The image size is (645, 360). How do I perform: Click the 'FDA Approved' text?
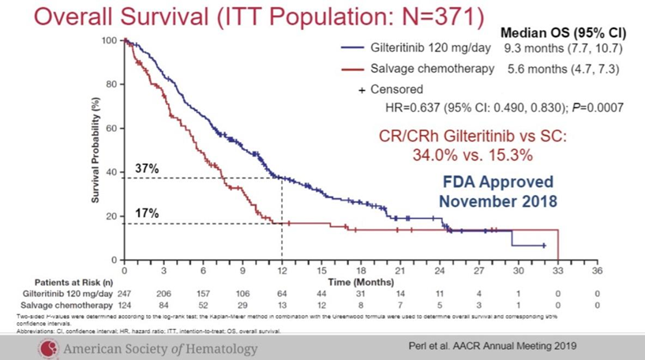click(x=497, y=181)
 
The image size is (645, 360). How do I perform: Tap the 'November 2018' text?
click(x=497, y=201)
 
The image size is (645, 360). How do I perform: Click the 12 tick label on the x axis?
click(x=283, y=270)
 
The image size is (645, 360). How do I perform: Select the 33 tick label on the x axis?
click(x=558, y=270)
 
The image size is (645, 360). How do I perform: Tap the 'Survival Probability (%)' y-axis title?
click(x=96, y=150)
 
